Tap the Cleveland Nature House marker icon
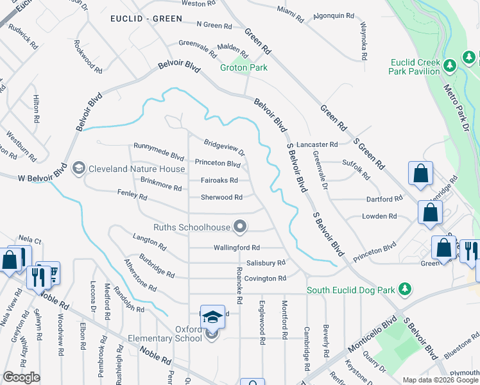[x=79, y=168]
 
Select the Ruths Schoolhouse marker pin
[x=240, y=226]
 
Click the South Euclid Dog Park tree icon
[x=404, y=289]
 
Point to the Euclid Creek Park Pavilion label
[x=415, y=67]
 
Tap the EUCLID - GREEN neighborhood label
[x=146, y=19]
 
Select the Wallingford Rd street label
[x=236, y=247]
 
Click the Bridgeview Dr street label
[x=224, y=148]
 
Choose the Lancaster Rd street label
[x=317, y=145]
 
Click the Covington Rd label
[x=264, y=278]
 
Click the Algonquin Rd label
[x=334, y=15]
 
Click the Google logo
[x=21, y=377]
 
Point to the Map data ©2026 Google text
[x=440, y=380]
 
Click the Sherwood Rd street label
[x=221, y=198]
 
